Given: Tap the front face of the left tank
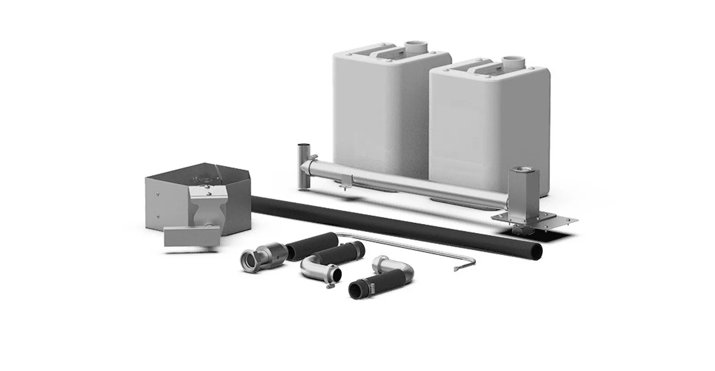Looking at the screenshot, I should click(378, 112).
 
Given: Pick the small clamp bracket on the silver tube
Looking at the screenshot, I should click(345, 182).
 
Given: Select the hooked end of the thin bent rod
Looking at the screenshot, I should click(458, 268).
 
